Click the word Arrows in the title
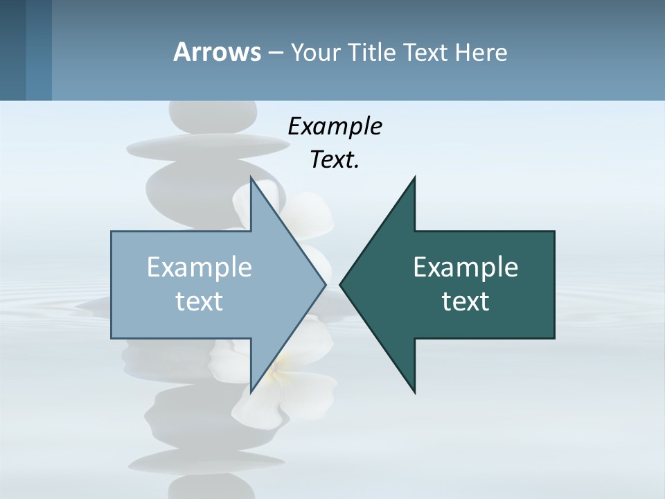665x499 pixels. point(217,52)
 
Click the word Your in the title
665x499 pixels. point(314,52)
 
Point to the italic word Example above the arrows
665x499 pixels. point(335,127)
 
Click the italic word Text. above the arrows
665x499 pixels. point(335,160)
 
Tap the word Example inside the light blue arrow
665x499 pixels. point(199,268)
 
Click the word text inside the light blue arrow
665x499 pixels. point(199,301)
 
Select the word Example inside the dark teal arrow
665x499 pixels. point(465,268)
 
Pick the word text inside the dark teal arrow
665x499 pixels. point(465,301)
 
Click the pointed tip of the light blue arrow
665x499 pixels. point(325,284)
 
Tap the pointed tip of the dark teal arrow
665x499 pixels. point(341,284)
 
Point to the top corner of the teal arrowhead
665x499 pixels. point(414,179)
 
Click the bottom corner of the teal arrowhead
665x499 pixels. point(414,392)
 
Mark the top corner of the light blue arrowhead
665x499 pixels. point(251,179)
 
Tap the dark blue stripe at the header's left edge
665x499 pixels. point(13,50)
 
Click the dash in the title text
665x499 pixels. point(274,53)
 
